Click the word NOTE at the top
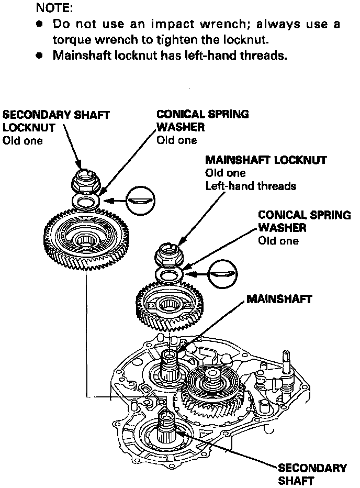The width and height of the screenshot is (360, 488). [x=54, y=9]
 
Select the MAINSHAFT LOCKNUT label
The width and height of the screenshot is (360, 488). [x=266, y=159]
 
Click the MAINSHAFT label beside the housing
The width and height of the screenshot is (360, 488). [x=279, y=299]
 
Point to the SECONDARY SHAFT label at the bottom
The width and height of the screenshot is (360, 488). [x=312, y=474]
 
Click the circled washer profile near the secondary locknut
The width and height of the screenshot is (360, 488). [x=141, y=200]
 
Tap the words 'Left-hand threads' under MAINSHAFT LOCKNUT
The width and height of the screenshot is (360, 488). [x=251, y=186]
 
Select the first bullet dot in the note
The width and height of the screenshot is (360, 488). [x=39, y=25]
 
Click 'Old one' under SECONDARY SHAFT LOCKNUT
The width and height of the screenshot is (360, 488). [x=23, y=140]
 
